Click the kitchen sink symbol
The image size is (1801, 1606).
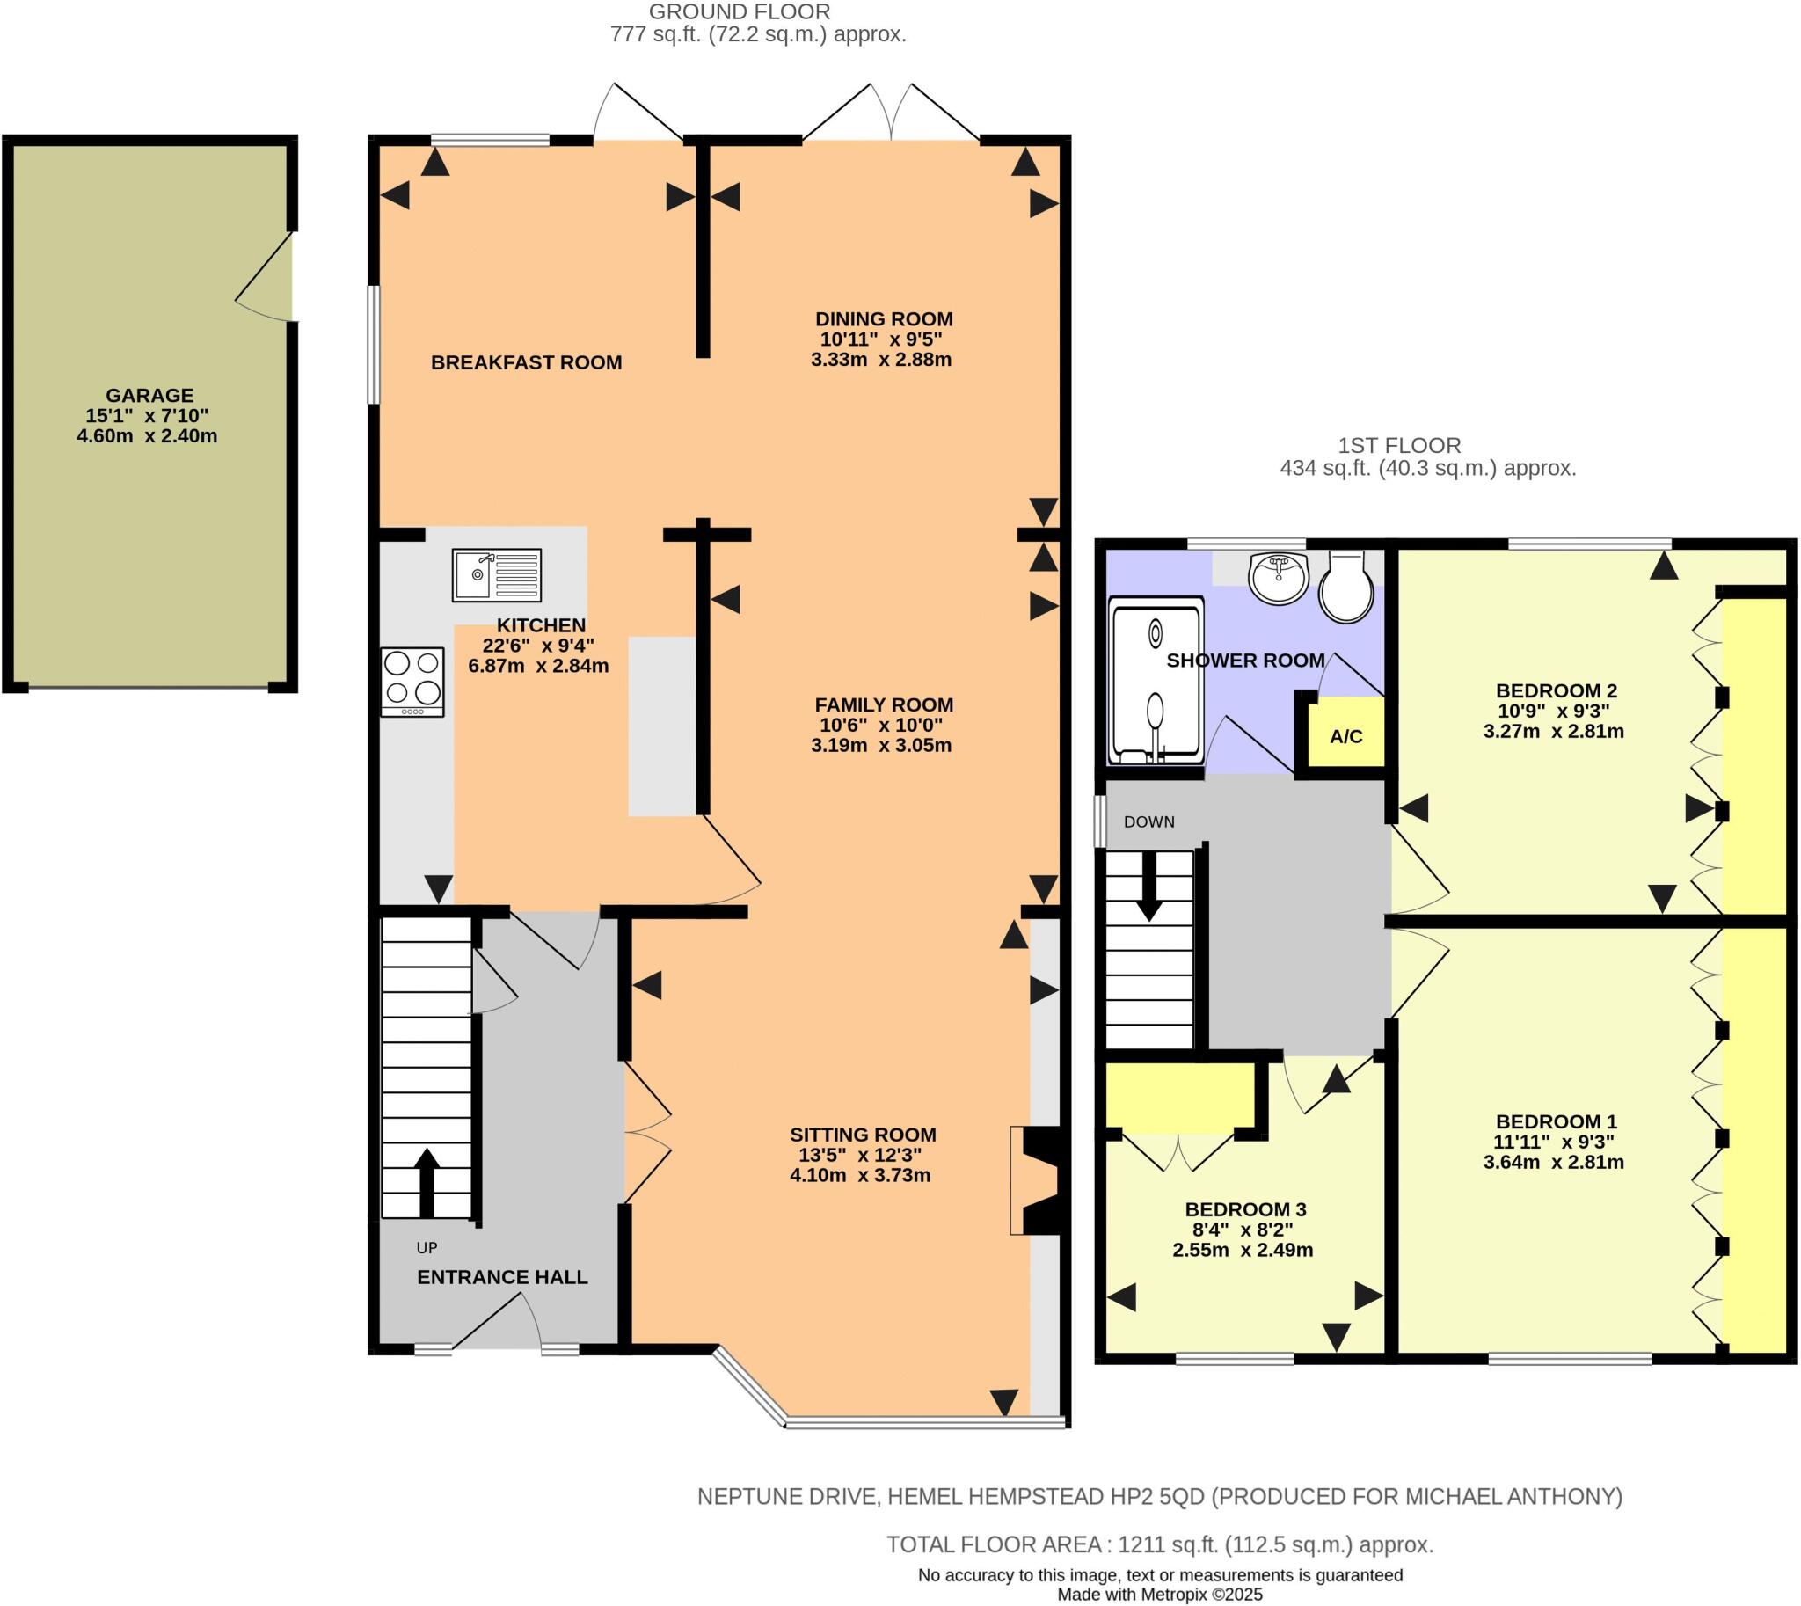tap(496, 575)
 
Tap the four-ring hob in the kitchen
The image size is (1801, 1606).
tap(412, 682)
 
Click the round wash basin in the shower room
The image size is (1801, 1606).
tap(1277, 578)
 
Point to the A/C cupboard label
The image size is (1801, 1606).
tap(1345, 736)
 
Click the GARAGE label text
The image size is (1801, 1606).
tap(149, 395)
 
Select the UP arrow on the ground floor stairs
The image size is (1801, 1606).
tap(427, 1181)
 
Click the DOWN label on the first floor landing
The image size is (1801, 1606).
tap(1148, 821)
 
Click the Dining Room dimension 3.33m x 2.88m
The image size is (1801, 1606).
tap(880, 359)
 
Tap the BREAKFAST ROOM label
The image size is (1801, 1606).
tap(526, 361)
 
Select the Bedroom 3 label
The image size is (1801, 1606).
tap(1244, 1209)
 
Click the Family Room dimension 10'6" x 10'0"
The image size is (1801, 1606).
tap(880, 725)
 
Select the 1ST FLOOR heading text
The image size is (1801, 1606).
tap(1398, 446)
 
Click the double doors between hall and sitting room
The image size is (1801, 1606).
tap(647, 1132)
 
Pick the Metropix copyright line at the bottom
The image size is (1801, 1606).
tap(1160, 1595)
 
